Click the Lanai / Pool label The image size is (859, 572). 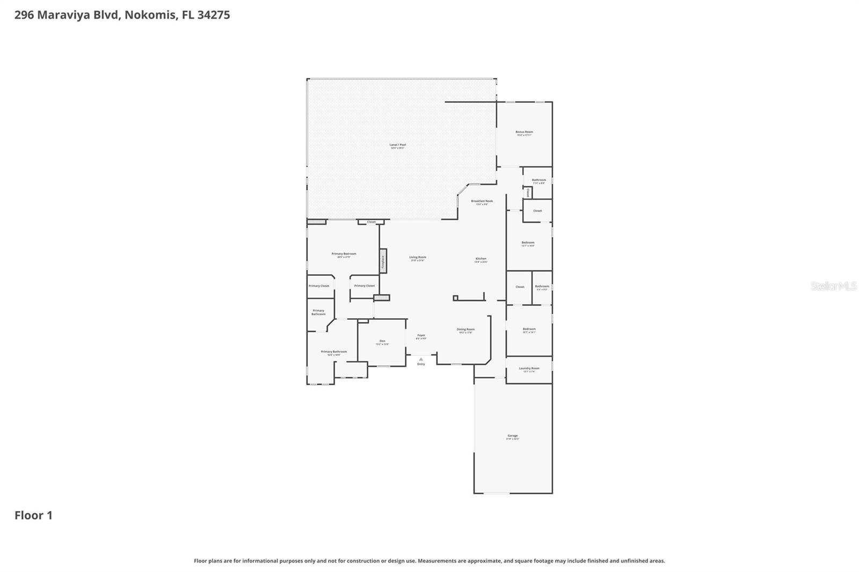pyautogui.click(x=397, y=145)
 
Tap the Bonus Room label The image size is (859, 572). pyautogui.click(x=524, y=132)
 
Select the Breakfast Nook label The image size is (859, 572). pyautogui.click(x=482, y=201)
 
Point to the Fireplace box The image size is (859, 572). pyautogui.click(x=383, y=261)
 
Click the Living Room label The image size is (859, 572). pyautogui.click(x=417, y=258)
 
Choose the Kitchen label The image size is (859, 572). pyautogui.click(x=481, y=259)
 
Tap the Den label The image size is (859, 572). pyautogui.click(x=382, y=341)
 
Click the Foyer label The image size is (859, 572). pyautogui.click(x=421, y=336)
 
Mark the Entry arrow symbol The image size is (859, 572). pyautogui.click(x=421, y=359)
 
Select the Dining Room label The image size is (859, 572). pyautogui.click(x=465, y=329)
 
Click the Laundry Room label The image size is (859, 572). pyautogui.click(x=529, y=369)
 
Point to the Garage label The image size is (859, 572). pyautogui.click(x=512, y=436)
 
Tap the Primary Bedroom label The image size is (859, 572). pyautogui.click(x=344, y=254)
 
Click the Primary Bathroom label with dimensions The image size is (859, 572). pyautogui.click(x=333, y=352)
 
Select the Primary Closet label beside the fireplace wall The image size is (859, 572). pyautogui.click(x=364, y=286)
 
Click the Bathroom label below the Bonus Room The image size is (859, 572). pyautogui.click(x=538, y=180)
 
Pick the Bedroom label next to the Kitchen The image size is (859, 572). pyautogui.click(x=528, y=243)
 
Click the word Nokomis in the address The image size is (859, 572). pyautogui.click(x=150, y=15)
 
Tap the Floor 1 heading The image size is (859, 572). pyautogui.click(x=33, y=516)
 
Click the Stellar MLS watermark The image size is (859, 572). pyautogui.click(x=833, y=286)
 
